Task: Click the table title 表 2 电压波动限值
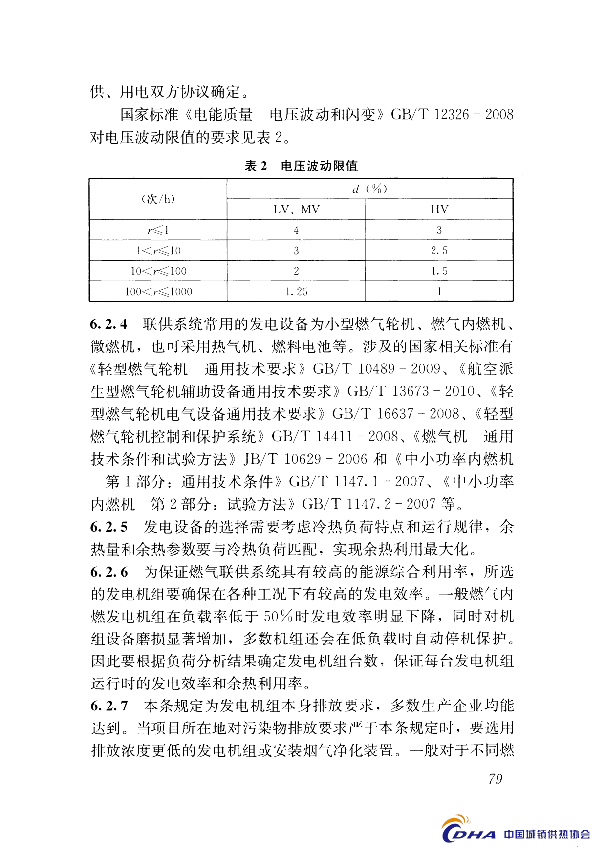pyautogui.click(x=301, y=166)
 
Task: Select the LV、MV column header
pyautogui.click(x=296, y=210)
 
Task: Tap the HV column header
pyautogui.click(x=439, y=210)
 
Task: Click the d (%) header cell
pyautogui.click(x=370, y=189)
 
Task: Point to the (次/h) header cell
pyautogui.click(x=158, y=199)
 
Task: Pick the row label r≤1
pyautogui.click(x=158, y=230)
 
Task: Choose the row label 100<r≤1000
pyautogui.click(x=158, y=292)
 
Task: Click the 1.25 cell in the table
pyautogui.click(x=296, y=292)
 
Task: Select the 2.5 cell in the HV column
pyautogui.click(x=439, y=251)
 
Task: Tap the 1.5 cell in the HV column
pyautogui.click(x=439, y=271)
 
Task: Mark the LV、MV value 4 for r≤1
pyautogui.click(x=296, y=230)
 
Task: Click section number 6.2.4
pyautogui.click(x=108, y=324)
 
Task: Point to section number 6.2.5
pyautogui.click(x=108, y=527)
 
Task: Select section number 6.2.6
pyautogui.click(x=108, y=572)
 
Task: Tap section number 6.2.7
pyautogui.click(x=108, y=706)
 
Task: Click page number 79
pyautogui.click(x=495, y=779)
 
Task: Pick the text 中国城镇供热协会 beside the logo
pyautogui.click(x=547, y=835)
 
